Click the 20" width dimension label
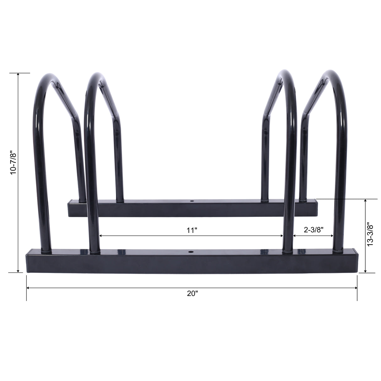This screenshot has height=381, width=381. pos(192,294)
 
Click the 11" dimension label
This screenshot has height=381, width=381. pos(192,231)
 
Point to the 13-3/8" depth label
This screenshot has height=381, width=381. pos(370,234)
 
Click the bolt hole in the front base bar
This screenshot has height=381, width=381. pos(190,252)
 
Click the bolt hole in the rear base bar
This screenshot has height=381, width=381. pos(192,200)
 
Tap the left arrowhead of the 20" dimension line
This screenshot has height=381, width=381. pos(28,288)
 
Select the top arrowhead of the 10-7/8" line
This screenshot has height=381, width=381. pos(18,75)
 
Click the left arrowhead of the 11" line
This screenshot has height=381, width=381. pos(100,236)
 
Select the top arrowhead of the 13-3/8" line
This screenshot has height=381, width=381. pos(365,201)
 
